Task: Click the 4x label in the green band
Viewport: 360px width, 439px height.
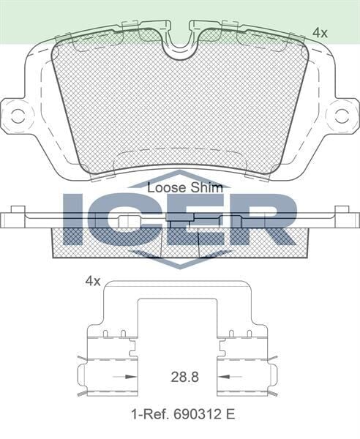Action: tap(319, 32)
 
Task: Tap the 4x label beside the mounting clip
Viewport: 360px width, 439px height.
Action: tap(92, 281)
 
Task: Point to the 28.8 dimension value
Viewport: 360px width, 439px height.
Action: tap(179, 379)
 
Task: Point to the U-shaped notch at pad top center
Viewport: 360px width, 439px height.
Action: tap(179, 45)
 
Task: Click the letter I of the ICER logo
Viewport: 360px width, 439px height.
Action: tap(75, 219)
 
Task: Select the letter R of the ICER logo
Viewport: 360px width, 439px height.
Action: tap(263, 219)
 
